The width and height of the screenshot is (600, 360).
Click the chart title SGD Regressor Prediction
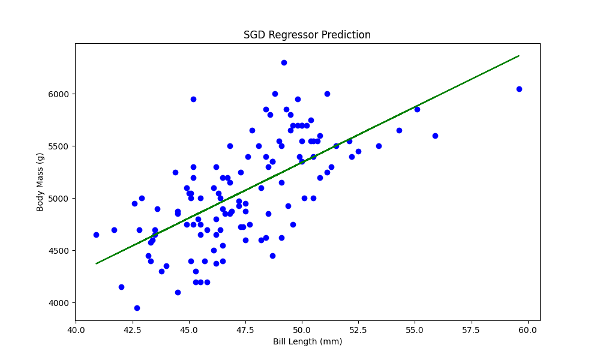click(x=307, y=35)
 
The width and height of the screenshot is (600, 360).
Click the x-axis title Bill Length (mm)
click(x=307, y=342)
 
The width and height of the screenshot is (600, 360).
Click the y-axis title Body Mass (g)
click(x=41, y=181)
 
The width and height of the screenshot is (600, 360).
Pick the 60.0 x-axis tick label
click(x=527, y=329)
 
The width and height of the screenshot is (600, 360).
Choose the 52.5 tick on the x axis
click(x=358, y=329)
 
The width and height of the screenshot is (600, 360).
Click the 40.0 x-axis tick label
click(x=76, y=329)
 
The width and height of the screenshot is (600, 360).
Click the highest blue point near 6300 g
click(x=284, y=62)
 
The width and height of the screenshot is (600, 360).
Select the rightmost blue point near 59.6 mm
click(x=519, y=89)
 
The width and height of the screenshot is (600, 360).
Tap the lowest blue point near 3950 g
click(x=137, y=308)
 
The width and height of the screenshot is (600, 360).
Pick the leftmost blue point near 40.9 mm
click(x=96, y=235)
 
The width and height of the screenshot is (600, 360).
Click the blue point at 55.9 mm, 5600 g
click(x=435, y=136)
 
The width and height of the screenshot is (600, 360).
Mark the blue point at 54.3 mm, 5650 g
click(x=399, y=130)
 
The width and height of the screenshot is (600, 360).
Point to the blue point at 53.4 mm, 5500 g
click(x=379, y=146)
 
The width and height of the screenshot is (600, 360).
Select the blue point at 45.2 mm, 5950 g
click(x=193, y=99)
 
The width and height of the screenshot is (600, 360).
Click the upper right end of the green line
click(x=519, y=56)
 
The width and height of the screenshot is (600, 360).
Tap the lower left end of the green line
click(x=96, y=263)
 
